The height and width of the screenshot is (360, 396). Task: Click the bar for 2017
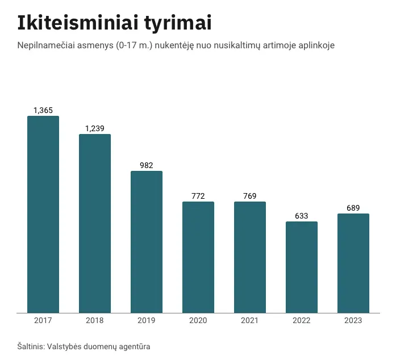(43, 214)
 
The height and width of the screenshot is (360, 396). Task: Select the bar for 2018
(95, 223)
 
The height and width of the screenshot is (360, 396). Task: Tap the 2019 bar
(147, 242)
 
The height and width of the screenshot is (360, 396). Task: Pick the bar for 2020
(198, 257)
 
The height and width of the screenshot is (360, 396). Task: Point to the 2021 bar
(250, 257)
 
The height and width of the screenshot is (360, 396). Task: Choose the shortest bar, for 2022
(302, 267)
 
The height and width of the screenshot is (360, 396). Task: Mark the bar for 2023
(353, 263)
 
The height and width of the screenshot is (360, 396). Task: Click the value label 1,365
(43, 110)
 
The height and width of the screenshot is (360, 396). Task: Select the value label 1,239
(95, 128)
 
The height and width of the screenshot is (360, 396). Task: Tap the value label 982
(147, 165)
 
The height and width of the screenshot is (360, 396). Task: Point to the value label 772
(198, 196)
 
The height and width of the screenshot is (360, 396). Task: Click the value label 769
(250, 196)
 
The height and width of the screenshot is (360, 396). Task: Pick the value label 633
(302, 216)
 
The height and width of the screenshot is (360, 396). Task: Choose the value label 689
(353, 208)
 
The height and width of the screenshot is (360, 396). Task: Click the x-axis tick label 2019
(147, 320)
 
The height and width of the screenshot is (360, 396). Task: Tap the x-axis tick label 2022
(302, 320)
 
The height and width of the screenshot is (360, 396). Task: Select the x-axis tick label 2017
(43, 320)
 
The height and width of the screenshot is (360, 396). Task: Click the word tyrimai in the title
(178, 23)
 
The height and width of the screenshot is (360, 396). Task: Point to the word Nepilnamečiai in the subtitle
(46, 45)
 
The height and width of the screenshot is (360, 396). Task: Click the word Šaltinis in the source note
(31, 346)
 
